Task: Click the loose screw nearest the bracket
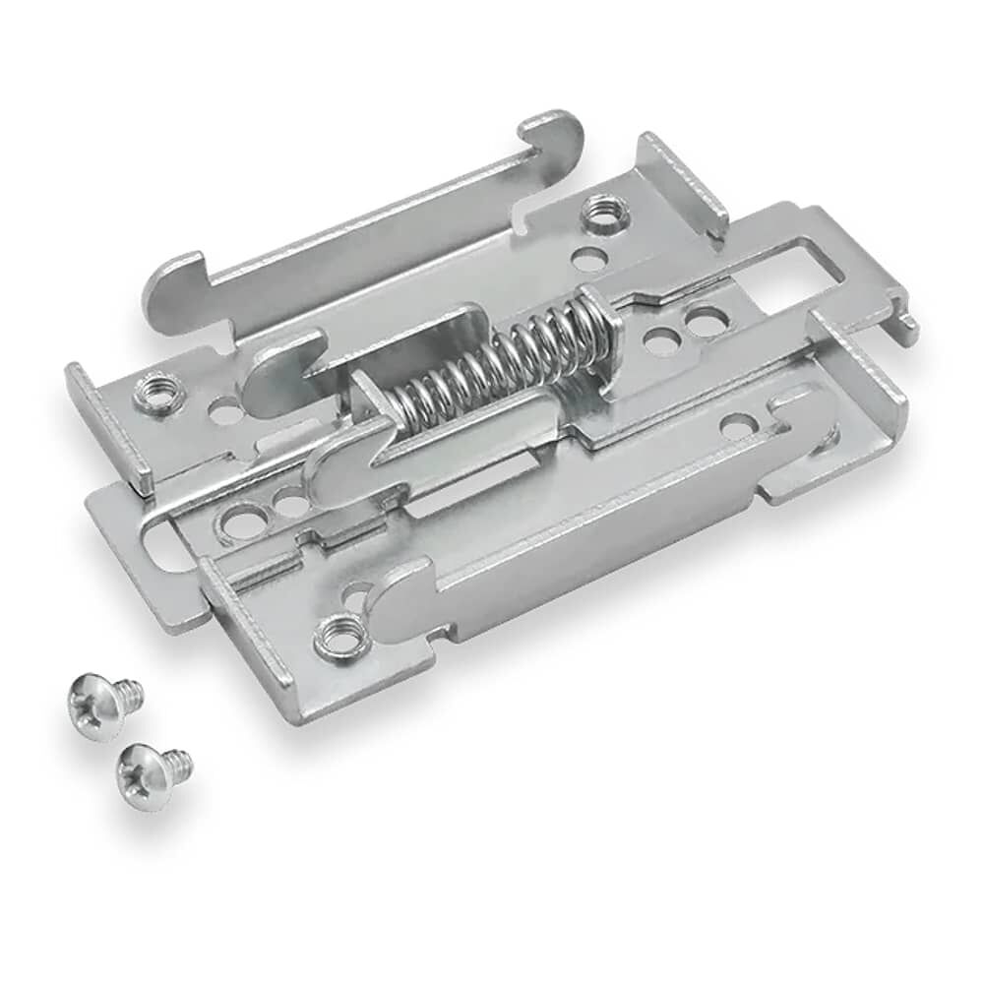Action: pyautogui.click(x=101, y=701)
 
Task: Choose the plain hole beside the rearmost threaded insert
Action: pyautogui.click(x=589, y=261)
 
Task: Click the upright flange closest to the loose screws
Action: pyautogui.click(x=246, y=630)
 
